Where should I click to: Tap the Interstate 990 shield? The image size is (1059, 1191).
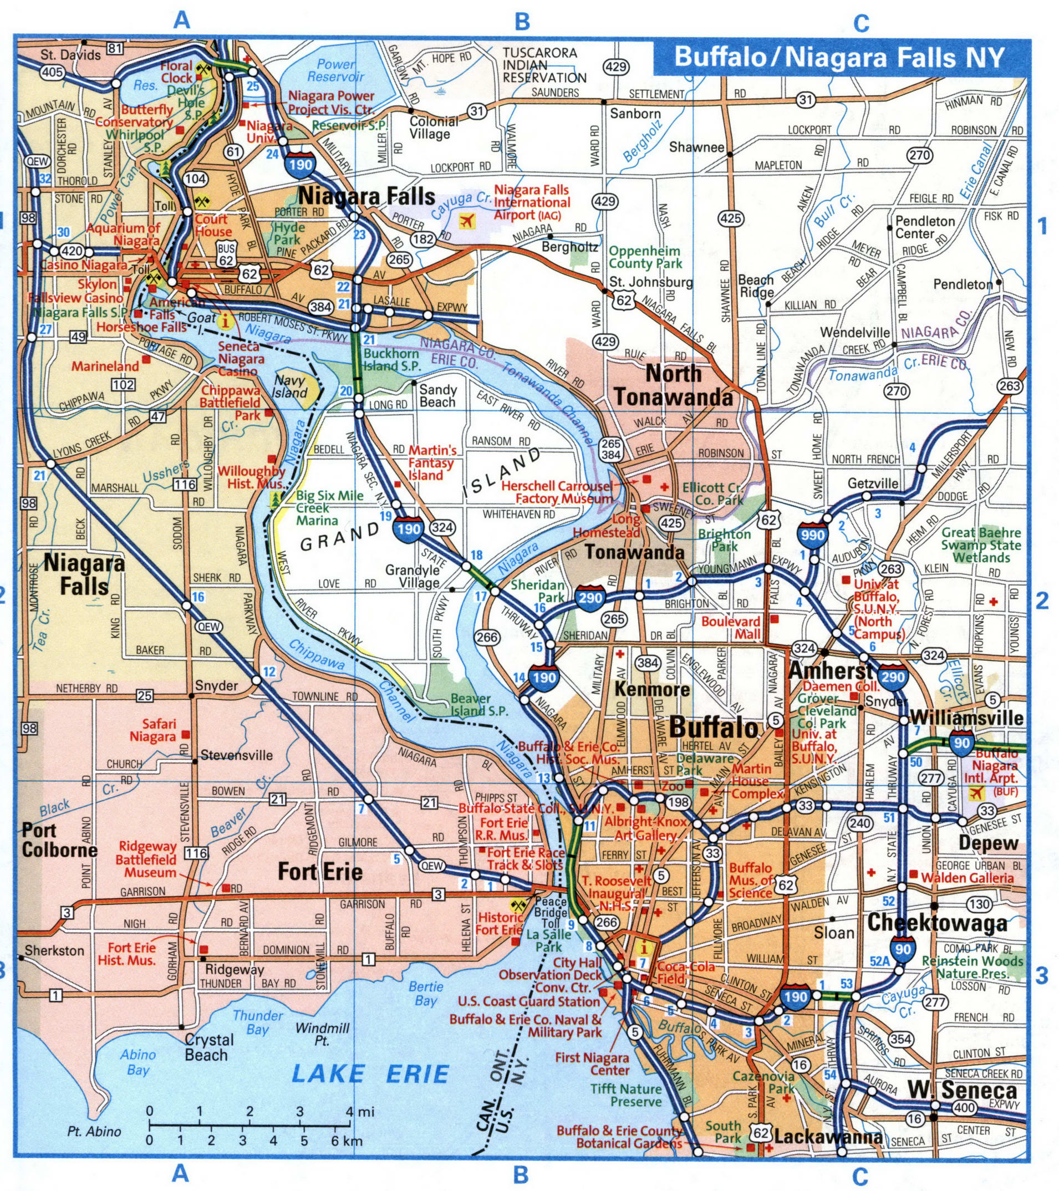click(813, 535)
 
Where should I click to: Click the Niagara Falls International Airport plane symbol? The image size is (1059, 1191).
click(467, 221)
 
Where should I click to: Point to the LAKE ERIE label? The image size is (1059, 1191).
click(370, 1073)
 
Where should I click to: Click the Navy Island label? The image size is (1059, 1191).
click(290, 386)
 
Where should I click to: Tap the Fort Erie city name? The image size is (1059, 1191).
click(320, 872)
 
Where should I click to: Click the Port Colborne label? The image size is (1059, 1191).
click(59, 840)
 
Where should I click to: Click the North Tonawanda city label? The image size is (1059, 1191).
click(673, 385)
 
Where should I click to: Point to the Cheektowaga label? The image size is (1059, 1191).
click(937, 923)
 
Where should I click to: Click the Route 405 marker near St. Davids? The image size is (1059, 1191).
click(52, 72)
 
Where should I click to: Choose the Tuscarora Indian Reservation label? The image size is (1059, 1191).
click(544, 65)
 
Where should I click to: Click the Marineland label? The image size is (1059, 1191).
click(105, 366)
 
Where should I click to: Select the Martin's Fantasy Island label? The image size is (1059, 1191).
click(431, 462)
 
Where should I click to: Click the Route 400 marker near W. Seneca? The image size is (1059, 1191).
click(965, 1108)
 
